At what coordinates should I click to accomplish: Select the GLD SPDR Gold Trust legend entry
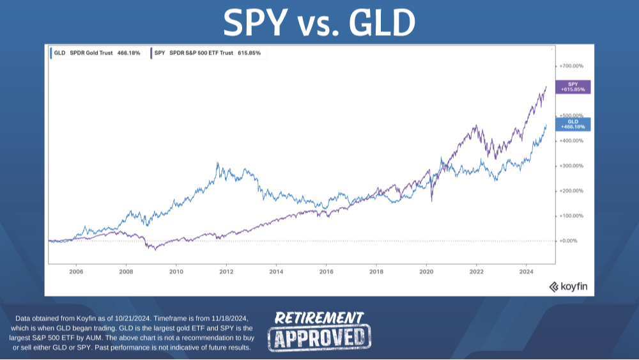pos(96,52)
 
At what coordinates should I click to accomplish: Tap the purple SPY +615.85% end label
pos(573,86)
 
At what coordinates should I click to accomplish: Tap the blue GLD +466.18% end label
pos(573,124)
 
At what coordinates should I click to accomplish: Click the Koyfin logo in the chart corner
pos(569,287)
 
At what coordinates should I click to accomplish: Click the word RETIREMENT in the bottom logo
pos(319,318)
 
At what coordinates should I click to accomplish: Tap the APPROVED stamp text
pos(319,337)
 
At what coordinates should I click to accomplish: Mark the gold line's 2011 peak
pos(218,164)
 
